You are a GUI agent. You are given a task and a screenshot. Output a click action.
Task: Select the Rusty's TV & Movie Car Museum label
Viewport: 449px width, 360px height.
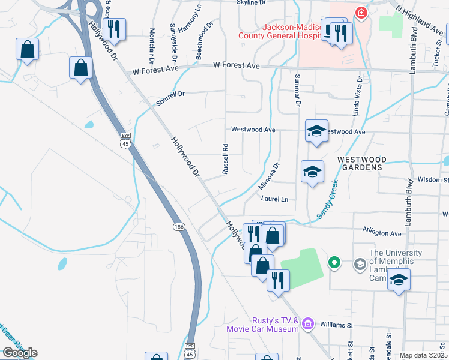(x=262, y=325)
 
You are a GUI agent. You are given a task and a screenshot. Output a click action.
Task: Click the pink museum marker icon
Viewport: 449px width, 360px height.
(x=309, y=324)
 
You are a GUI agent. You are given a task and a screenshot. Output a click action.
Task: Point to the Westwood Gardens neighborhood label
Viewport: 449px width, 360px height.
(x=360, y=163)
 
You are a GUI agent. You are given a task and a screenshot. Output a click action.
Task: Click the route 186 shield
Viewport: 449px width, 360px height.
(x=179, y=226)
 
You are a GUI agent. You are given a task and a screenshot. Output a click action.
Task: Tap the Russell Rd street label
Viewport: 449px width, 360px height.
(x=225, y=159)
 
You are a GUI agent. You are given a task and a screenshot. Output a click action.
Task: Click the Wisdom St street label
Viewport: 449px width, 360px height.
(x=433, y=179)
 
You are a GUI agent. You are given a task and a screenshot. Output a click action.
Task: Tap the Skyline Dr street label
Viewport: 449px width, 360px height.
(x=251, y=3)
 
